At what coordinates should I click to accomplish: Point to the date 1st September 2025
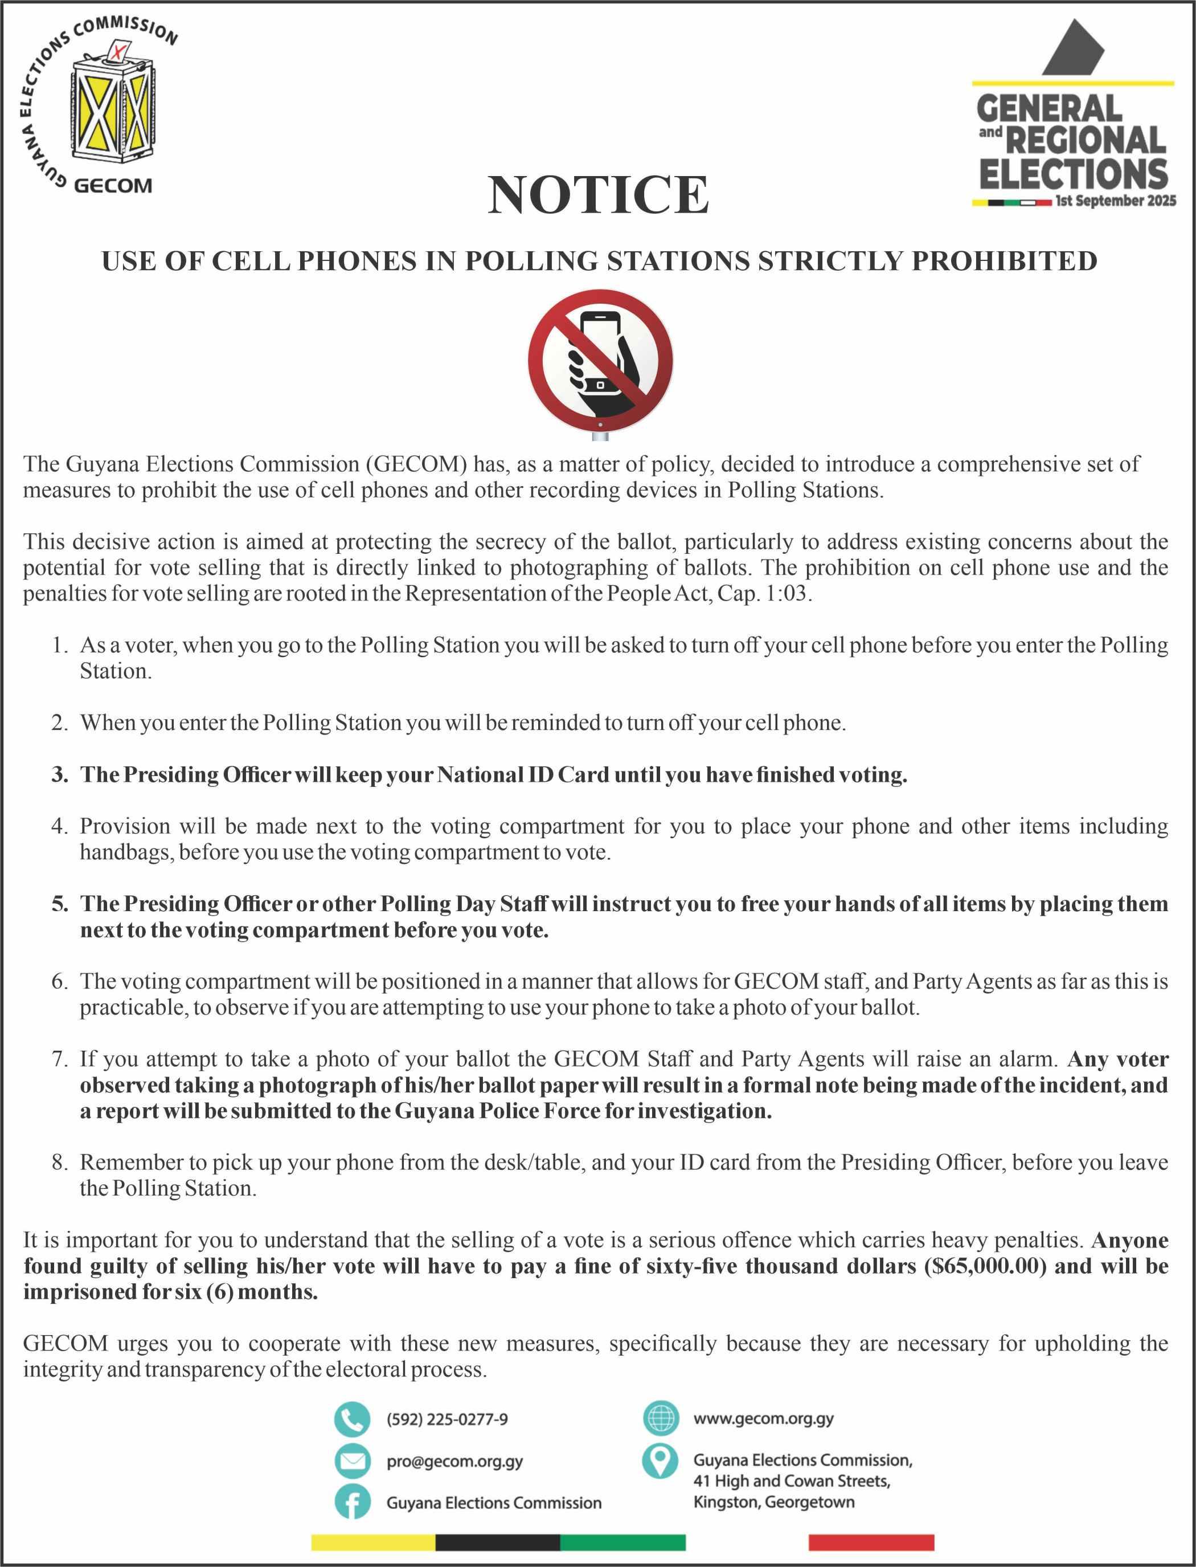click(1116, 202)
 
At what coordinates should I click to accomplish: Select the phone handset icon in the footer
click(352, 1419)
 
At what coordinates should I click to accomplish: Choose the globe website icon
click(660, 1418)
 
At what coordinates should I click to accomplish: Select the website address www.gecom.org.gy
click(763, 1418)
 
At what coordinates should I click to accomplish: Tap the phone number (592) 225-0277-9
click(447, 1419)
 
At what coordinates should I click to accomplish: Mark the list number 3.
click(59, 774)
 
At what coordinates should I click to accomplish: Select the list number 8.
click(59, 1162)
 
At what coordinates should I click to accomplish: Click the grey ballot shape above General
click(1073, 48)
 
